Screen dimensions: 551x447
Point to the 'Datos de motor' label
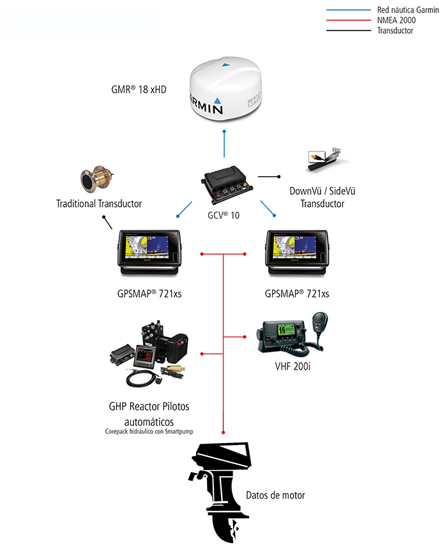[275, 495]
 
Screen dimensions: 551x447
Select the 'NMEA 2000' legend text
[396, 20]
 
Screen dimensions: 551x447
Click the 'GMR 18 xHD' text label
[139, 89]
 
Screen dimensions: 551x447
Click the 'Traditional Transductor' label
[99, 204]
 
